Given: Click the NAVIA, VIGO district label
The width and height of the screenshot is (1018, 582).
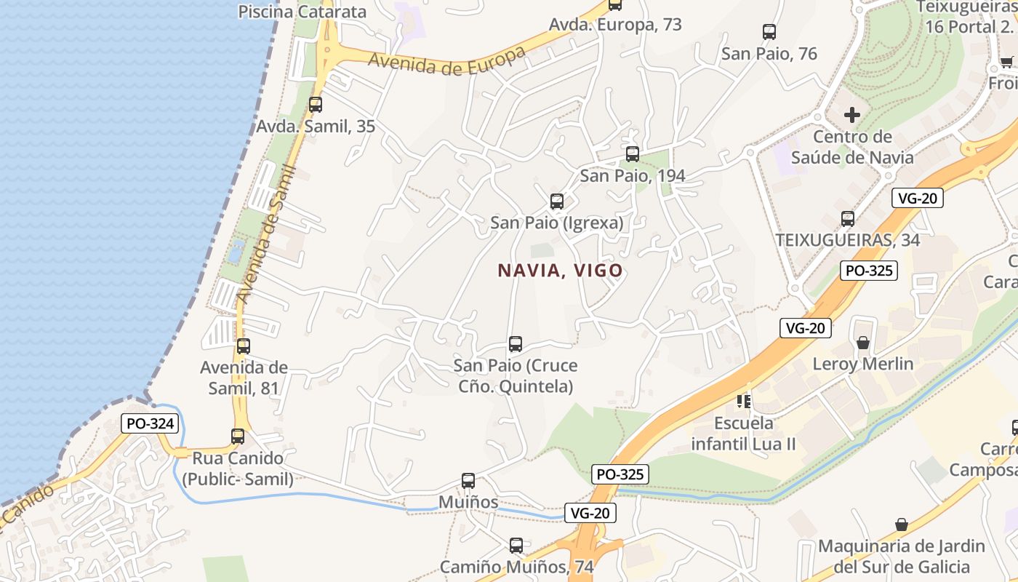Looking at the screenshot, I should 560,271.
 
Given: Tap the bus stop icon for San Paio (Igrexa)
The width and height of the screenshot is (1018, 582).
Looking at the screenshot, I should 557,202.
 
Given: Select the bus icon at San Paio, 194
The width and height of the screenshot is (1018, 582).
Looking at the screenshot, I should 633,154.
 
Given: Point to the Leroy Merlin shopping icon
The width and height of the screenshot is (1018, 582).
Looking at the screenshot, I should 863,342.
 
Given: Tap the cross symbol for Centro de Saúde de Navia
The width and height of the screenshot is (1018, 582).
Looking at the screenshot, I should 852,115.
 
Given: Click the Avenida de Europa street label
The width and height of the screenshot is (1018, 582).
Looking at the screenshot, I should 446,61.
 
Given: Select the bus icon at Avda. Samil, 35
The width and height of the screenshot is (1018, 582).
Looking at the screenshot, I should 316,105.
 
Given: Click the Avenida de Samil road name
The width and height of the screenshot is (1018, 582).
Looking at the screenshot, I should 267,233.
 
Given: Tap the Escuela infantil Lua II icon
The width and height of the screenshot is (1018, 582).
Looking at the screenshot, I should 743,401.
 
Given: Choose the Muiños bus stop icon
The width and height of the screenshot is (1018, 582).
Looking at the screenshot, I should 468,481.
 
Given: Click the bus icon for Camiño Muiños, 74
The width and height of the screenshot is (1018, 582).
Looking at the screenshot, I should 516,545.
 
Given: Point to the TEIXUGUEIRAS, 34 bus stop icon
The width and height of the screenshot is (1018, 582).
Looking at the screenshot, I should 848,218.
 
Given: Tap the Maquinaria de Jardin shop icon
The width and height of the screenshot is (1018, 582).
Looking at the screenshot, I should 902,525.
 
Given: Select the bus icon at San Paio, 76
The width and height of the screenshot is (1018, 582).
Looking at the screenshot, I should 769,32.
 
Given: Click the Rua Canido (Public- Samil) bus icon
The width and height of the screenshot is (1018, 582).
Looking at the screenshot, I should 238,436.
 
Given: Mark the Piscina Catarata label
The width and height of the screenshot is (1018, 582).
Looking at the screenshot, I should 302,12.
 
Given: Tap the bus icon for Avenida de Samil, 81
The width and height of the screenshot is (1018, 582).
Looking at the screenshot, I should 244,346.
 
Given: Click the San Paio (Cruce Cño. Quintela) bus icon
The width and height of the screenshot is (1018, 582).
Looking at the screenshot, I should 516,344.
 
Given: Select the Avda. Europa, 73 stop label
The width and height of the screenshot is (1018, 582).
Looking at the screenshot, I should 615,25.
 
